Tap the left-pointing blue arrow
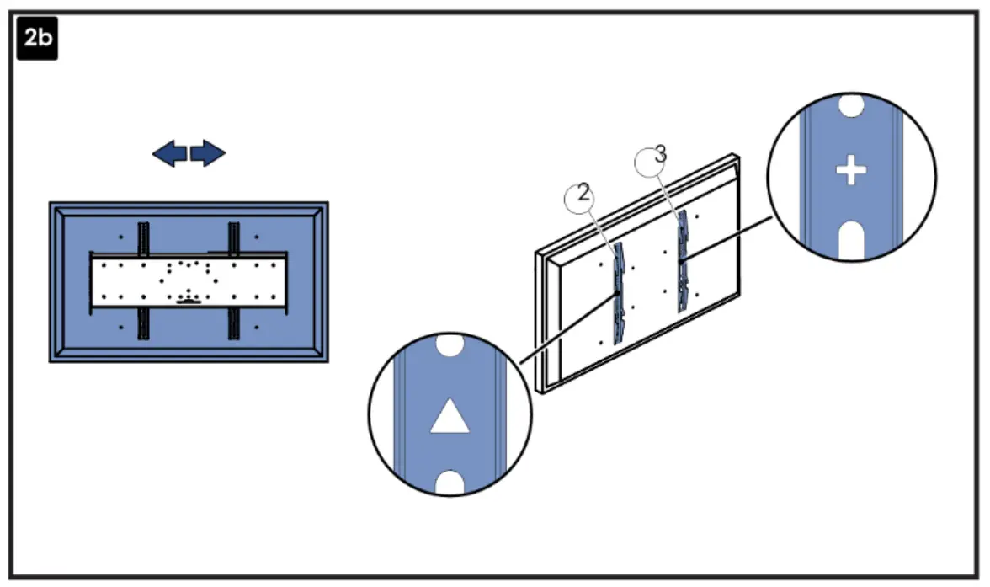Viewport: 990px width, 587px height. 169,153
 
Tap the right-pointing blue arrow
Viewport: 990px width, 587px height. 209,153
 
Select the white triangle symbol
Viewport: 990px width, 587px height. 450,417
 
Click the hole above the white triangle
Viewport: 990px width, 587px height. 450,345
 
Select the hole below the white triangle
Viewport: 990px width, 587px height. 450,482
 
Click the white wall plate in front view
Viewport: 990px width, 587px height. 189,280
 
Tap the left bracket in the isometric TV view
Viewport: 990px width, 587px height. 620,291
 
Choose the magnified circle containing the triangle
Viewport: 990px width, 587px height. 450,414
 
